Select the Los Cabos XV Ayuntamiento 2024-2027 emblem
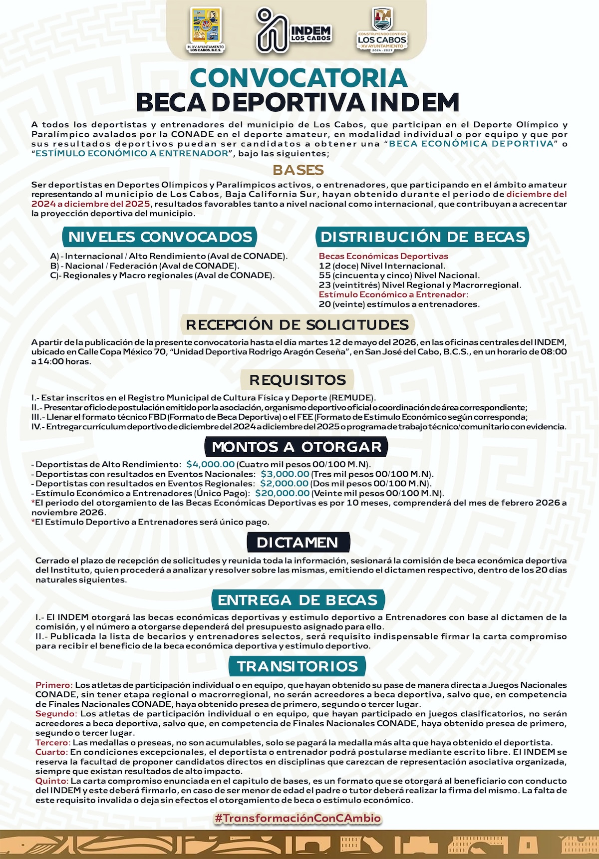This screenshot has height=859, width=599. point(382,30)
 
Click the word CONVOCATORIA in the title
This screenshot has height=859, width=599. point(299,78)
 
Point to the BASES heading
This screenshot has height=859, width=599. point(299,170)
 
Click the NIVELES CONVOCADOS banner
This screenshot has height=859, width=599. point(160,237)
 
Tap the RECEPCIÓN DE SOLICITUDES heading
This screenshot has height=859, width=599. point(298,324)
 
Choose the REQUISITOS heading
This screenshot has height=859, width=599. point(298,380)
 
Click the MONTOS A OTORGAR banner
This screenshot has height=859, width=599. point(297,447)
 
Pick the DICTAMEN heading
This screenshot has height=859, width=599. point(298,543)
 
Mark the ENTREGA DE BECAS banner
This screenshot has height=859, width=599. point(298,599)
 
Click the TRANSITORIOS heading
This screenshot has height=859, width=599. point(298,666)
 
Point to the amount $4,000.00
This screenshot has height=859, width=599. point(210,464)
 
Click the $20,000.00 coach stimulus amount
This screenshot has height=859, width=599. point(282,493)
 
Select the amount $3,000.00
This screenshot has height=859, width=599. point(285,474)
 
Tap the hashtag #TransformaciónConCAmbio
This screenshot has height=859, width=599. point(298,819)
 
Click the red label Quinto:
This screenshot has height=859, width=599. point(52,781)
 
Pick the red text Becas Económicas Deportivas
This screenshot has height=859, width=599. point(383,256)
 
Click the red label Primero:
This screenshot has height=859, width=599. point(54,685)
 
